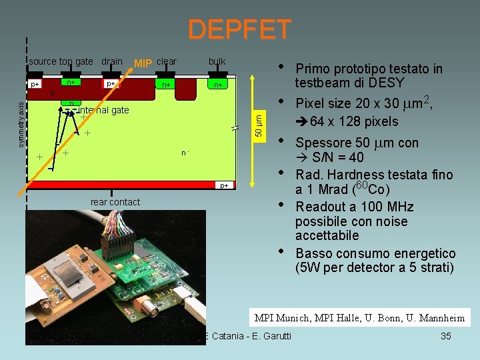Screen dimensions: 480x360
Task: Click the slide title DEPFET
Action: (x=239, y=29)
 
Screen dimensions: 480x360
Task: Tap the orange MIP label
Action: (x=144, y=63)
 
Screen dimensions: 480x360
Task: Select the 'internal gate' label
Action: (x=103, y=110)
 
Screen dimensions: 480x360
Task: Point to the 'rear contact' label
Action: (x=115, y=202)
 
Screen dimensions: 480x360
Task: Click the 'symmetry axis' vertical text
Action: (x=21, y=124)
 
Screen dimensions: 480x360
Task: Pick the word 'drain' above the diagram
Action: (x=112, y=61)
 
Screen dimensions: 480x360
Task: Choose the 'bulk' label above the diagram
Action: (x=217, y=61)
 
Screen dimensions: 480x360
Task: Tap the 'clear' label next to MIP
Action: (x=167, y=61)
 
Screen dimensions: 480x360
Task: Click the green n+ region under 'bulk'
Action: (x=217, y=85)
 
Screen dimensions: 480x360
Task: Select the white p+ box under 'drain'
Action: (x=111, y=84)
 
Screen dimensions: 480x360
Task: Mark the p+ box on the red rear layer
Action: (x=224, y=185)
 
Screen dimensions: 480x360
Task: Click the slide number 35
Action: (x=446, y=336)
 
